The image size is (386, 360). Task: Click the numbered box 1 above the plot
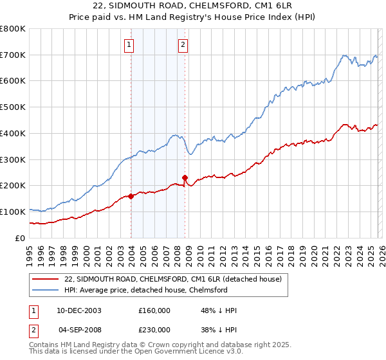click(x=130, y=44)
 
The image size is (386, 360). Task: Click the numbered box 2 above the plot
click(x=183, y=44)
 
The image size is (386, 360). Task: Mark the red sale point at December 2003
click(x=131, y=196)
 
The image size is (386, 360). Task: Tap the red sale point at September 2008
click(x=185, y=177)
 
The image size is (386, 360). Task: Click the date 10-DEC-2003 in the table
click(x=79, y=310)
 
